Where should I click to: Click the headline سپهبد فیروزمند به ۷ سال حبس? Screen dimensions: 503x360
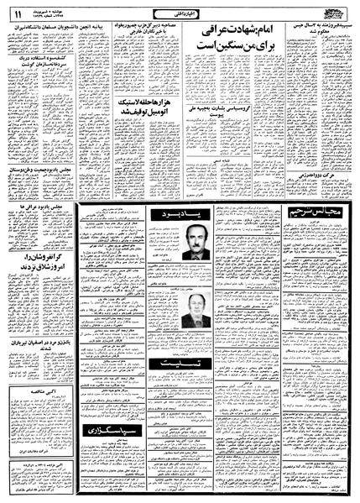pos(314,31)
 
